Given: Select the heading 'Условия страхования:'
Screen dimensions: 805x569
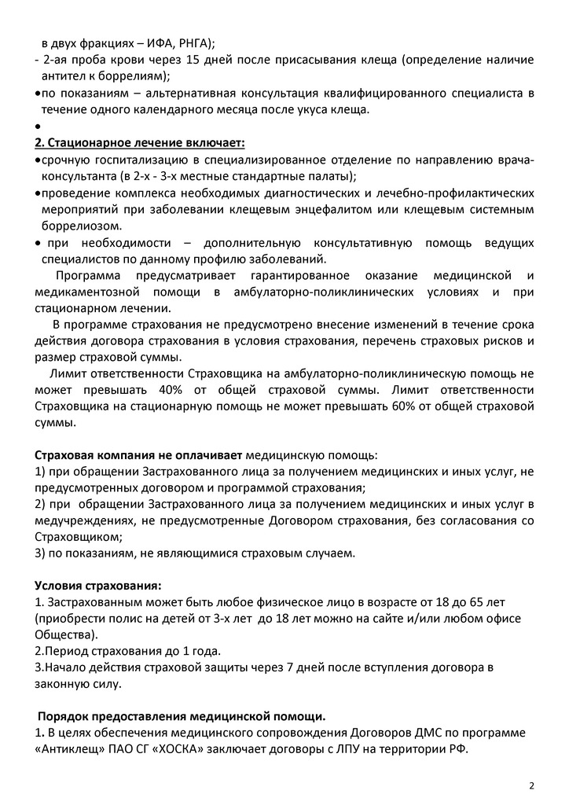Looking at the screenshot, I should pos(99,586).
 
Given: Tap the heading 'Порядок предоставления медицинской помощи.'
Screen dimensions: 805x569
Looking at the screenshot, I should pos(182,715).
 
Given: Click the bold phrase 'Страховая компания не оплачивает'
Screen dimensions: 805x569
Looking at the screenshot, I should pos(139,455).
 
